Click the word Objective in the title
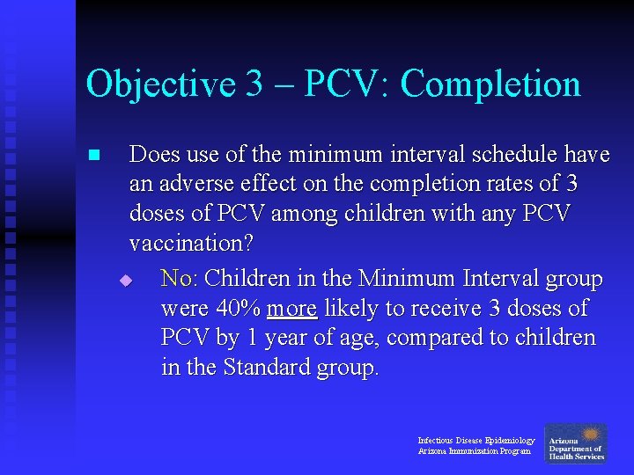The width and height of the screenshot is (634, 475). click(161, 85)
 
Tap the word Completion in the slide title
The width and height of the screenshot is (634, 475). click(490, 85)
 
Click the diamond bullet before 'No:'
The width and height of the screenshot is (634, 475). click(126, 281)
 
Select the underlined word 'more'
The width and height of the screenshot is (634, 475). click(292, 309)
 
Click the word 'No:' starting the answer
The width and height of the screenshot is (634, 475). click(181, 280)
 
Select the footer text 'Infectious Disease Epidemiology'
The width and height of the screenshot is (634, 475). click(475, 440)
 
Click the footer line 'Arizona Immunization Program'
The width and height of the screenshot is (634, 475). click(474, 451)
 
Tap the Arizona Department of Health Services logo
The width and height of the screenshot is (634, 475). click(575, 443)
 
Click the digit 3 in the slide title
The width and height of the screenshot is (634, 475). click(254, 85)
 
